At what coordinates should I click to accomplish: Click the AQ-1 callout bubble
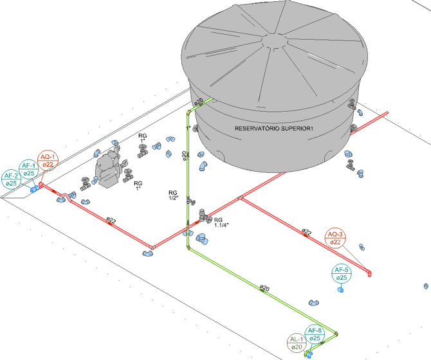coord(48,160)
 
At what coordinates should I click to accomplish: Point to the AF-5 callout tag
coord(342,274)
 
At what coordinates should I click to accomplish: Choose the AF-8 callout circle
coord(315,334)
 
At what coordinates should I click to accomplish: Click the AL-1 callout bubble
coord(297,343)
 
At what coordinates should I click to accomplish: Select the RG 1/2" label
coord(172,195)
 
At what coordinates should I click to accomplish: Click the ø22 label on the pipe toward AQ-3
coord(307,231)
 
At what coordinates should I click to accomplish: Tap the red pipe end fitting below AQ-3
coord(370,274)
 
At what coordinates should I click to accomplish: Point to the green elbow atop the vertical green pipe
coord(188,112)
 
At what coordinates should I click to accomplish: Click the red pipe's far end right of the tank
coord(386,114)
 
